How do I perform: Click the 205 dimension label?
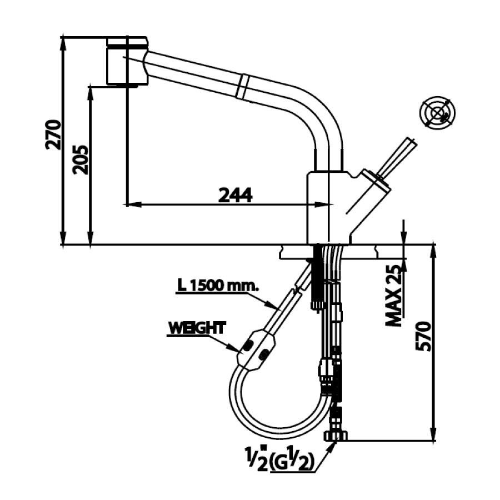coord(81,159)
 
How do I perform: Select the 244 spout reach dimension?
coord(235,195)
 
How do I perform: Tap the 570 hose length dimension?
coord(424,336)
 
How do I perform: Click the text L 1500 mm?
coord(218,286)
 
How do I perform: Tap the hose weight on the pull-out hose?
coord(256,349)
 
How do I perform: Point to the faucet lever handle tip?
coord(410,142)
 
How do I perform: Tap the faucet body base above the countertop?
coord(328,208)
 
